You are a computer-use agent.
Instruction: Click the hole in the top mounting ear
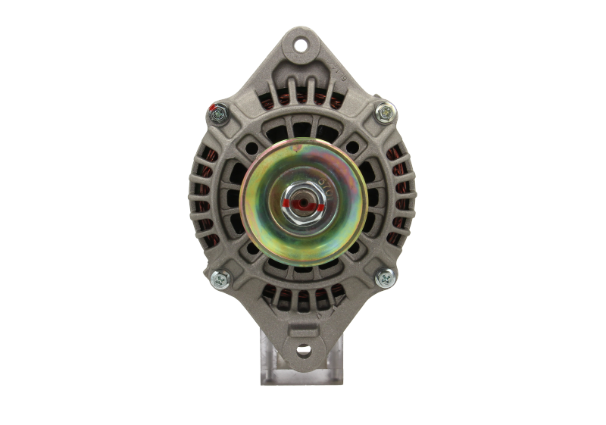pos(303,45)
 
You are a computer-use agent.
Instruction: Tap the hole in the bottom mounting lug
pos(303,351)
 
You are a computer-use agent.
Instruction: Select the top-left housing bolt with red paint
pos(220,114)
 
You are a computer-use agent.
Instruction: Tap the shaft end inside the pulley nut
pos(304,202)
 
